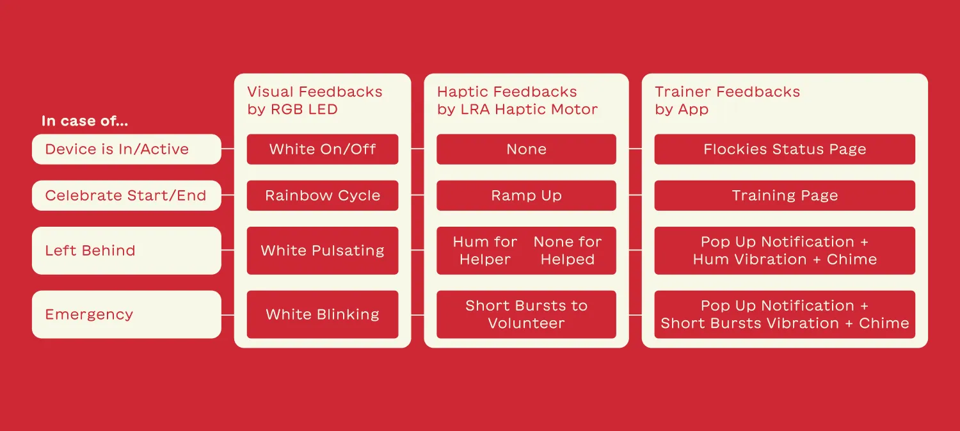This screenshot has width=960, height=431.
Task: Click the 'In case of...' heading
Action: (84, 121)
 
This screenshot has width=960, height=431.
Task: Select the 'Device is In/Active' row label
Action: (126, 149)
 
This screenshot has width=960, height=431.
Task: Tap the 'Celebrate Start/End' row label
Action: (126, 196)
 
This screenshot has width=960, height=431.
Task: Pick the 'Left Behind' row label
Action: (126, 250)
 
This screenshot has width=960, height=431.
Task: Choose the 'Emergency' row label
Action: (126, 314)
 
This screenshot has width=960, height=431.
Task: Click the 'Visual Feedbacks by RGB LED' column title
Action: (314, 101)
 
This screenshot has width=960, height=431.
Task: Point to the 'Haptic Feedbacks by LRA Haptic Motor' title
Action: (517, 101)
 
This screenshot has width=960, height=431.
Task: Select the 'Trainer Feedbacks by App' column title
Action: (727, 101)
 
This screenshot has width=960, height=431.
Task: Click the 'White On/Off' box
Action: (323, 149)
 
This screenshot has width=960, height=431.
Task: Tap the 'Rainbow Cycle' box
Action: (323, 196)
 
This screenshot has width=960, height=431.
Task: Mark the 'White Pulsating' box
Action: (323, 250)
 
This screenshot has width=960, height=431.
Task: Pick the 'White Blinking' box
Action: (323, 314)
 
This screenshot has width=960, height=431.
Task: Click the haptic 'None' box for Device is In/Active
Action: (526, 149)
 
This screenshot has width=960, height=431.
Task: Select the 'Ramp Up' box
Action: (526, 196)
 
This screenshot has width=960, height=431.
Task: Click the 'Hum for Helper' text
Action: (484, 250)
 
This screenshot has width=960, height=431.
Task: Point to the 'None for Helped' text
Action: (568, 250)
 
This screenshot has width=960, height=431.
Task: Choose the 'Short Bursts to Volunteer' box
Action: (526, 314)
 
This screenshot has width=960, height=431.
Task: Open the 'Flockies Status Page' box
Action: (785, 149)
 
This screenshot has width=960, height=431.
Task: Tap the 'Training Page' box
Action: (785, 196)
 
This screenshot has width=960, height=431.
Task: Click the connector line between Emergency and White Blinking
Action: (228, 314)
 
